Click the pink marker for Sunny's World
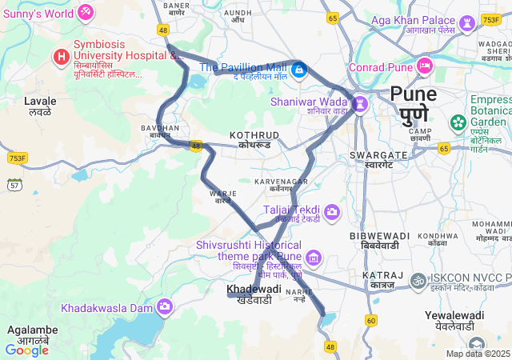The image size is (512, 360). coord(86,13)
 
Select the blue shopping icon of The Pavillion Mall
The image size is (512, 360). coord(298,70)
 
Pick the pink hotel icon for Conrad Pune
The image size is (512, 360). coord(424,66)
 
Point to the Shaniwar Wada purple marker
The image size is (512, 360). coord(360,103)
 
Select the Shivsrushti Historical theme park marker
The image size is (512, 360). coord(314,258)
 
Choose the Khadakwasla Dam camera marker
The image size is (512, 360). coord(166,306)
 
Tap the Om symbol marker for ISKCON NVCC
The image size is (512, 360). coord(417,281)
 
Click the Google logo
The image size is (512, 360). coord(26,350)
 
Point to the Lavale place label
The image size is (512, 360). coord(40,102)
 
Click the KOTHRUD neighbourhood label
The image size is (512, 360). coord(254,135)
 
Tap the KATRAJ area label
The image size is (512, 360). coord(378,275)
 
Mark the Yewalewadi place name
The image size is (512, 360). coord(454,315)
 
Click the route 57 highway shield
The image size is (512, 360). coord(14,185)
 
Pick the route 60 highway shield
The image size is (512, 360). coord(370,320)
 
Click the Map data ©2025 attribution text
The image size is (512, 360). coord(478,354)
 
